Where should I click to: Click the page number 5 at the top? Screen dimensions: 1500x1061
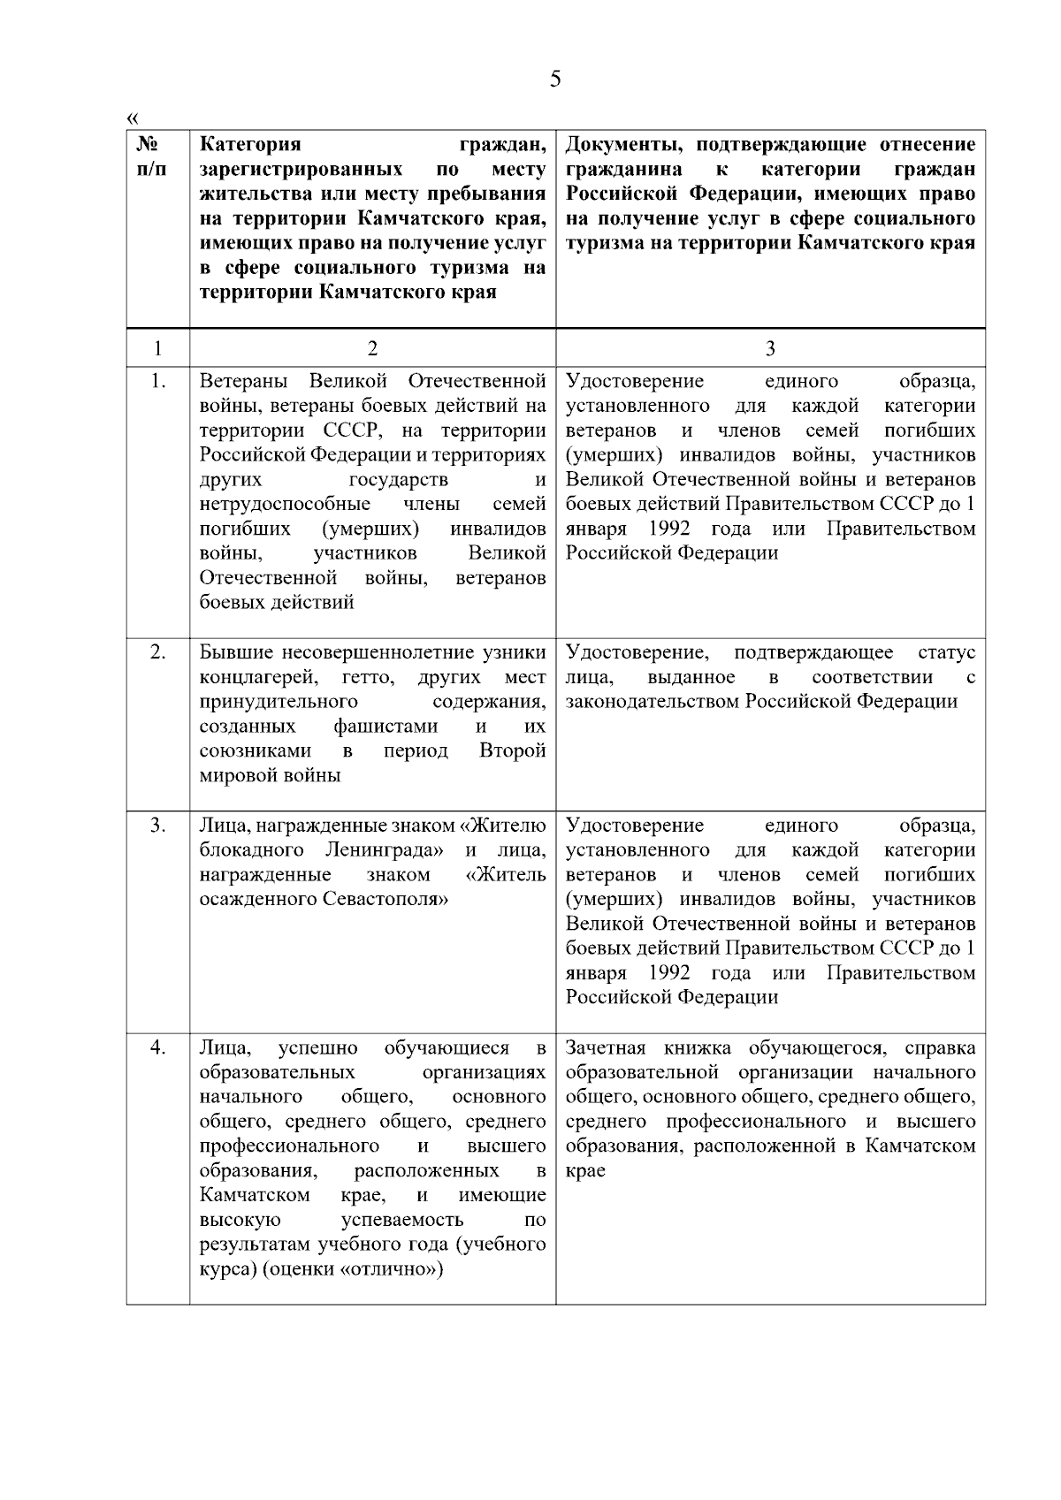pyautogui.click(x=554, y=80)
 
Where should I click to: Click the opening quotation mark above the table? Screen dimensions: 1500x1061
pyautogui.click(x=133, y=118)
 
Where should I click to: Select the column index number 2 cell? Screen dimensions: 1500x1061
pyautogui.click(x=372, y=348)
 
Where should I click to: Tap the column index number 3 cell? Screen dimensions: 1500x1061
pyautogui.click(x=770, y=348)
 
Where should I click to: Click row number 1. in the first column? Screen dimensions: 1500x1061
pyautogui.click(x=157, y=382)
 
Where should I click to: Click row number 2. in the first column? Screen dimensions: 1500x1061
pyautogui.click(x=157, y=652)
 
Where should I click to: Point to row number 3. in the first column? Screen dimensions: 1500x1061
pyautogui.click(x=157, y=826)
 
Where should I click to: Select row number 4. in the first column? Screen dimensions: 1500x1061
pyautogui.click(x=157, y=1047)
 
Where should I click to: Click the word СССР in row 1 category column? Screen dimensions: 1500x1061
pyautogui.click(x=353, y=430)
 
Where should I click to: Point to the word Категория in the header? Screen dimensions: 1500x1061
pyautogui.click(x=250, y=144)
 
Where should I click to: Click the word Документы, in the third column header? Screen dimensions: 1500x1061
pyautogui.click(x=624, y=144)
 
